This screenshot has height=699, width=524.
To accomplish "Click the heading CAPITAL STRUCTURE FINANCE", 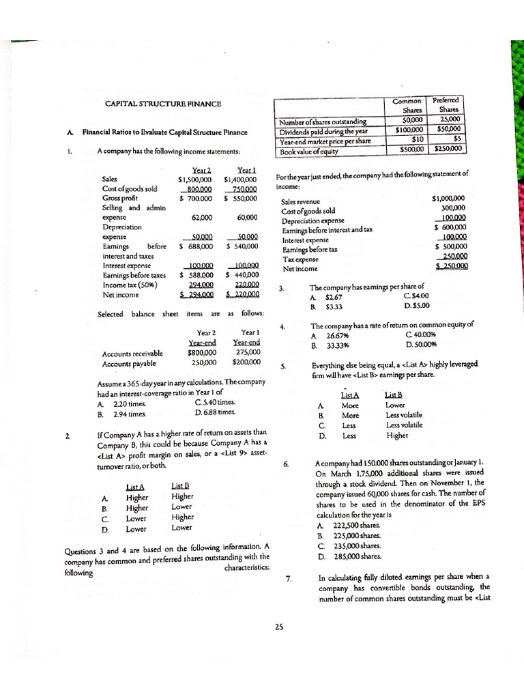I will (163, 104).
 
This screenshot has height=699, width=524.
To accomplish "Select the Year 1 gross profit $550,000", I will (241, 198).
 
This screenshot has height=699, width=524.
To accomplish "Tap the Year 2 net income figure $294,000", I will (196, 295).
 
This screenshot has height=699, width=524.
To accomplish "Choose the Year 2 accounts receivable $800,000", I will (201, 354).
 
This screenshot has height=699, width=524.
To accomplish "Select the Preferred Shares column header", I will (448, 104).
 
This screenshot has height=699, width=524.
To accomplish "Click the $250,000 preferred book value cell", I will (448, 148).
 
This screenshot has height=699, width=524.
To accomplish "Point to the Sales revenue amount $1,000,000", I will (448, 199).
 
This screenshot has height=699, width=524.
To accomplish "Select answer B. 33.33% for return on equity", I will (327, 345).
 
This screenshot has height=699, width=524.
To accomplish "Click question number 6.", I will (285, 463).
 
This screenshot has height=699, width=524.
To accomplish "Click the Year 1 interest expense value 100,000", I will (243, 266).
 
